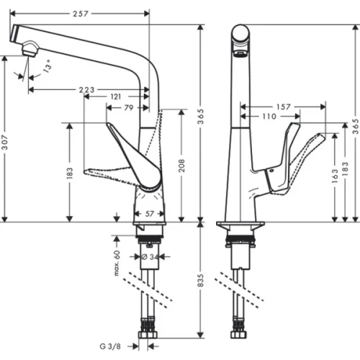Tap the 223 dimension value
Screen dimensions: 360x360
pos(85,89)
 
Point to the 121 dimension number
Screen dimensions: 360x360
pos(116,96)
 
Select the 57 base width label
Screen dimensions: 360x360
pos(150,215)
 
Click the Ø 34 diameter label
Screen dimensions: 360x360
pos(150,256)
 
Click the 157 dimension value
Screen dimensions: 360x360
pos(282,107)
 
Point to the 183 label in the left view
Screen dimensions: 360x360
pos(70,173)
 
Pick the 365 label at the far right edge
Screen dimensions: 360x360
pos(355,123)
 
